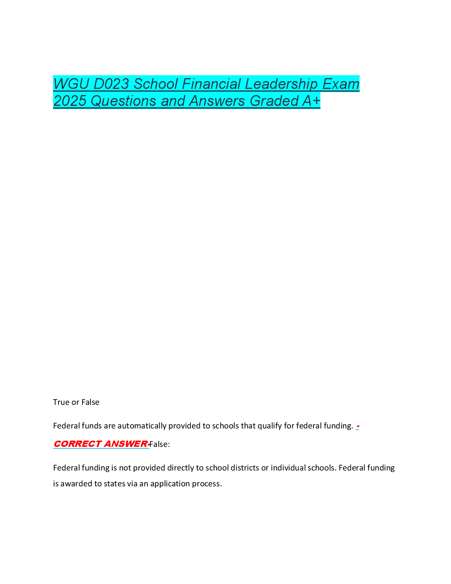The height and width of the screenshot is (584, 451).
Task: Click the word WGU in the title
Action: click(x=71, y=84)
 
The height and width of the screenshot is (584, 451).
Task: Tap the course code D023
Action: click(x=111, y=84)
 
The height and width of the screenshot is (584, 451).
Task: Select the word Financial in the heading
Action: click(x=211, y=84)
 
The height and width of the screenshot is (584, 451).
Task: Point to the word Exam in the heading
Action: click(x=341, y=84)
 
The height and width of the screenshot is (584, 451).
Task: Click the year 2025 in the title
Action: click(x=70, y=101)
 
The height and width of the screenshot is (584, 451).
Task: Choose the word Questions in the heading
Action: click(x=123, y=101)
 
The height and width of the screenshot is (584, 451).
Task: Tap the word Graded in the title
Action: click(x=274, y=101)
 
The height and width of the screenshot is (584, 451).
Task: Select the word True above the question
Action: click(x=61, y=402)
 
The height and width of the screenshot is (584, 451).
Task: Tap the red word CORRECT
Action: click(x=77, y=444)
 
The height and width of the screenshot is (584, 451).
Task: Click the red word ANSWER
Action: click(x=126, y=444)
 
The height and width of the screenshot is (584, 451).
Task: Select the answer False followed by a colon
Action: click(x=160, y=444)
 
